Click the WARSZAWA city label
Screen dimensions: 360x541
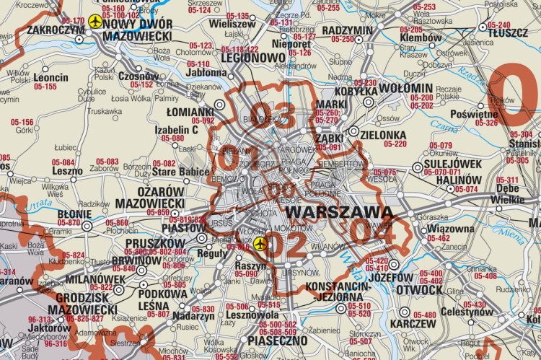point(340,213)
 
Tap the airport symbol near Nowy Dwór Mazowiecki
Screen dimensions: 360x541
point(94,22)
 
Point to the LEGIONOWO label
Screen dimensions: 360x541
point(253,58)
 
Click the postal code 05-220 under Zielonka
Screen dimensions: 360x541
point(395,144)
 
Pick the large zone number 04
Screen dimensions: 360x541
point(372,230)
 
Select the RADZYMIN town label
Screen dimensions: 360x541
point(348,30)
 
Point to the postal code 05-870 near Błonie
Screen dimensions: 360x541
point(69,223)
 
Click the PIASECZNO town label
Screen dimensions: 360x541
point(277,340)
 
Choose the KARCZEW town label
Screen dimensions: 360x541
point(413,324)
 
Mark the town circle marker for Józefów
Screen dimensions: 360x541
point(393,265)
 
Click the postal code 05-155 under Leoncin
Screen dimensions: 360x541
point(45,87)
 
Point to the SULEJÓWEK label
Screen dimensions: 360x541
point(453,164)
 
